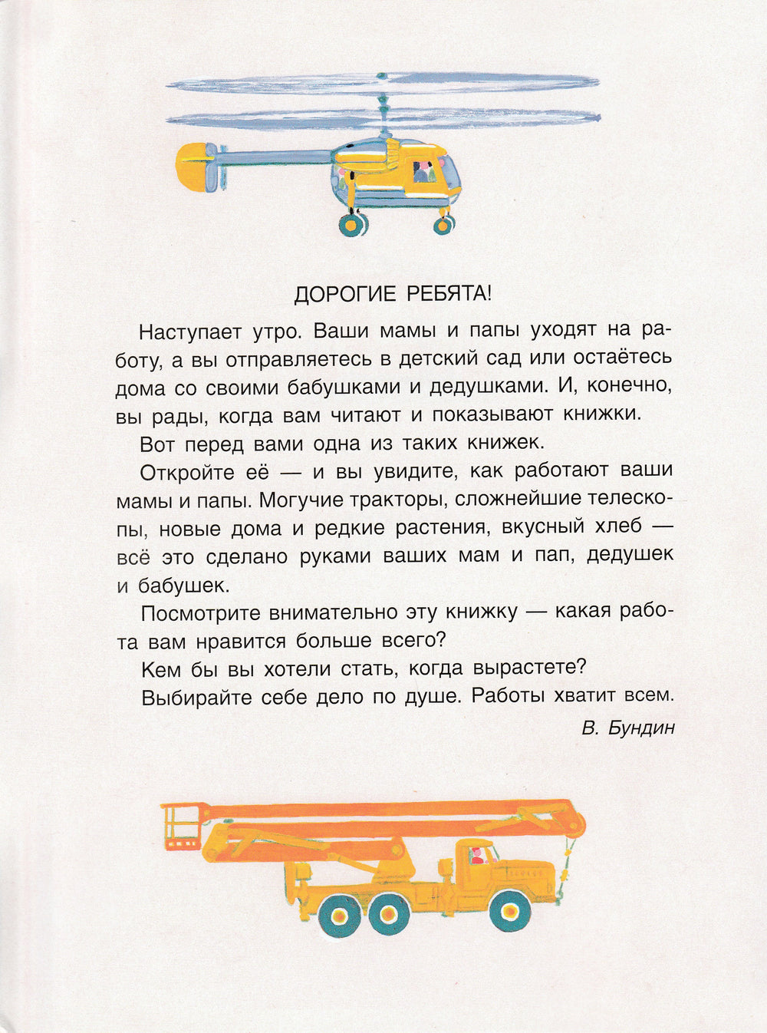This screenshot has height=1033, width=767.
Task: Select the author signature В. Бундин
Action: pyautogui.click(x=628, y=728)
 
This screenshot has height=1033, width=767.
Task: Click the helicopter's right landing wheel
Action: pyautogui.click(x=443, y=224)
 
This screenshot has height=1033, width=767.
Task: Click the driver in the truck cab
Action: pyautogui.click(x=476, y=853)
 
